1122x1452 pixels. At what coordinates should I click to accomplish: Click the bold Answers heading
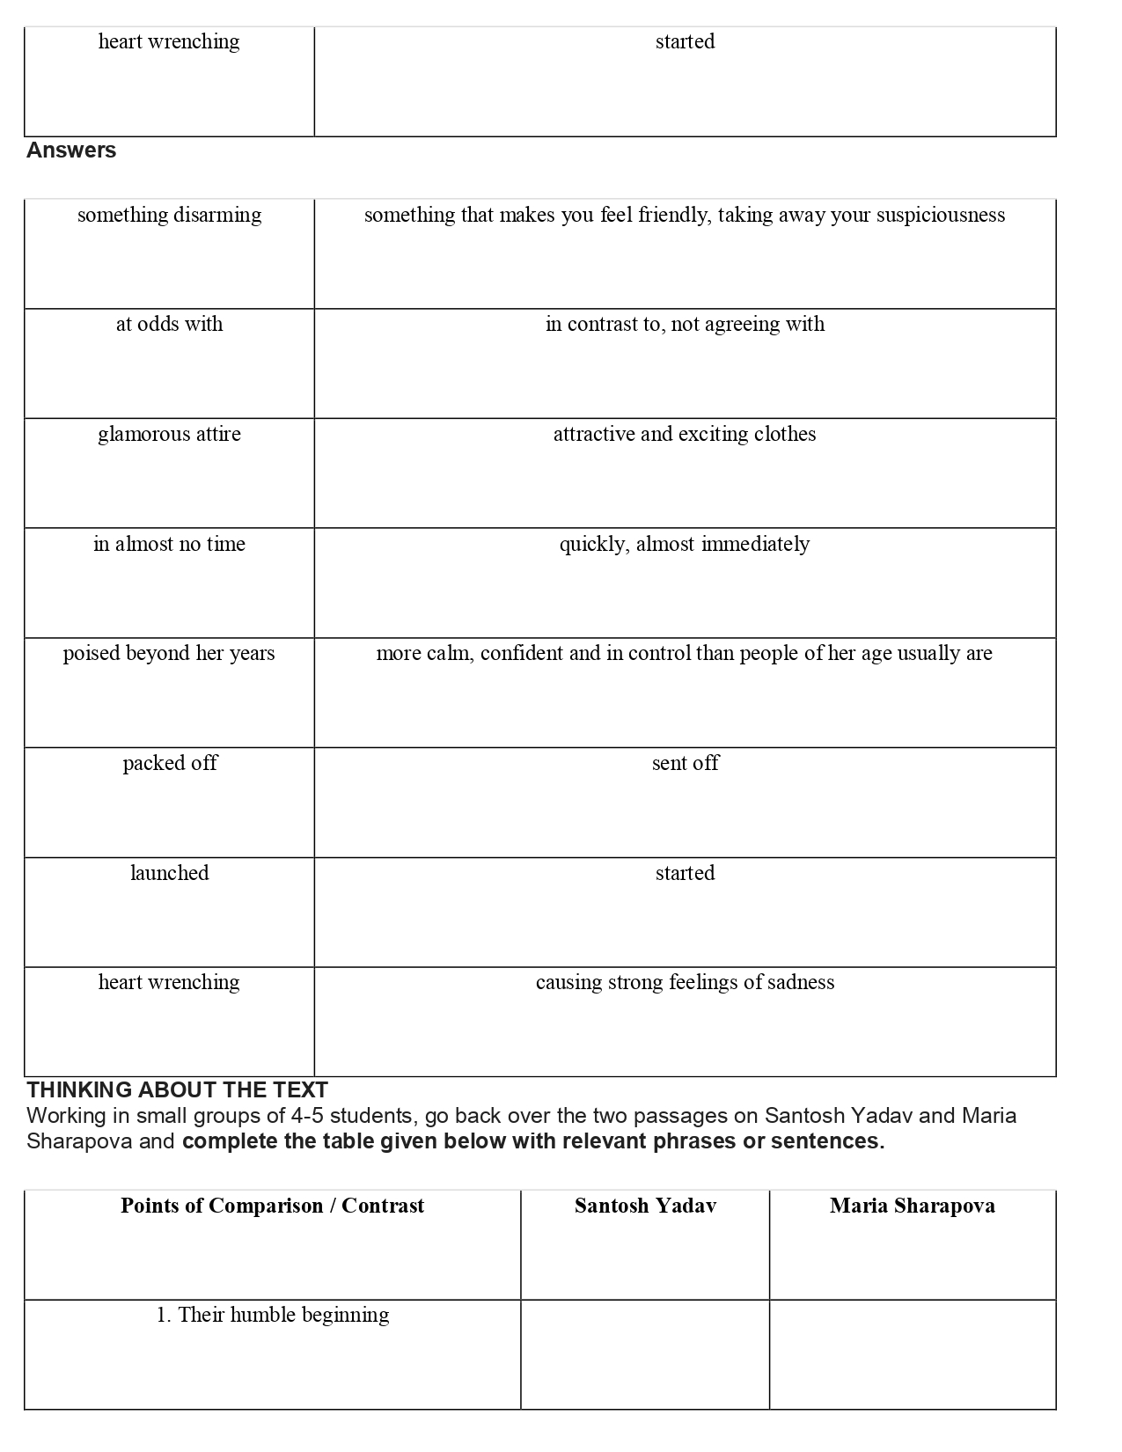(x=71, y=150)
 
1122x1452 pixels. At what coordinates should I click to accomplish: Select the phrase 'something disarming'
(x=169, y=216)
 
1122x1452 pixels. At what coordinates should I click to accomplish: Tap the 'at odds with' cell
(x=169, y=325)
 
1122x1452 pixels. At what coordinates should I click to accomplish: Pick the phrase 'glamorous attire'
(x=169, y=435)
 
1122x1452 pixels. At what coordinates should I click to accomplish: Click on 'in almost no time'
(x=169, y=545)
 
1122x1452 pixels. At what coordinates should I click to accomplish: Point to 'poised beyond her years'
(x=169, y=654)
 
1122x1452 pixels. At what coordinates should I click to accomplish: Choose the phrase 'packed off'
(x=169, y=764)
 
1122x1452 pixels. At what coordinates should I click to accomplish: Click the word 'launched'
(x=169, y=874)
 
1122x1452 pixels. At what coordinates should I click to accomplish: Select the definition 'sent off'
(x=685, y=764)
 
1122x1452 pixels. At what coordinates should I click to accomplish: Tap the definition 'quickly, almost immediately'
(x=685, y=545)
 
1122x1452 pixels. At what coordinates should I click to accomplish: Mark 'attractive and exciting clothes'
(x=685, y=435)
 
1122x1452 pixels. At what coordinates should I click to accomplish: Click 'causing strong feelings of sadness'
(x=685, y=983)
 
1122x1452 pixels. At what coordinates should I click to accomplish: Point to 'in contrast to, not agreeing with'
(x=685, y=325)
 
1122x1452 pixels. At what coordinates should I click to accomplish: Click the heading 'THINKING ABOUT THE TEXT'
(x=177, y=1089)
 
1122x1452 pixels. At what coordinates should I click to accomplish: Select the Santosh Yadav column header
(x=645, y=1206)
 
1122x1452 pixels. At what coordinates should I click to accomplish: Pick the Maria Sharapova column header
(x=912, y=1206)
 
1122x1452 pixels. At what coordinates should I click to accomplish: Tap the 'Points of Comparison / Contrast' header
(x=272, y=1206)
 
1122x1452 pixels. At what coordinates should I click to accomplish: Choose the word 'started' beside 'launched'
(x=685, y=874)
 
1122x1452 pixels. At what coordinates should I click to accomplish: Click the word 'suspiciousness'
(x=940, y=216)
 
